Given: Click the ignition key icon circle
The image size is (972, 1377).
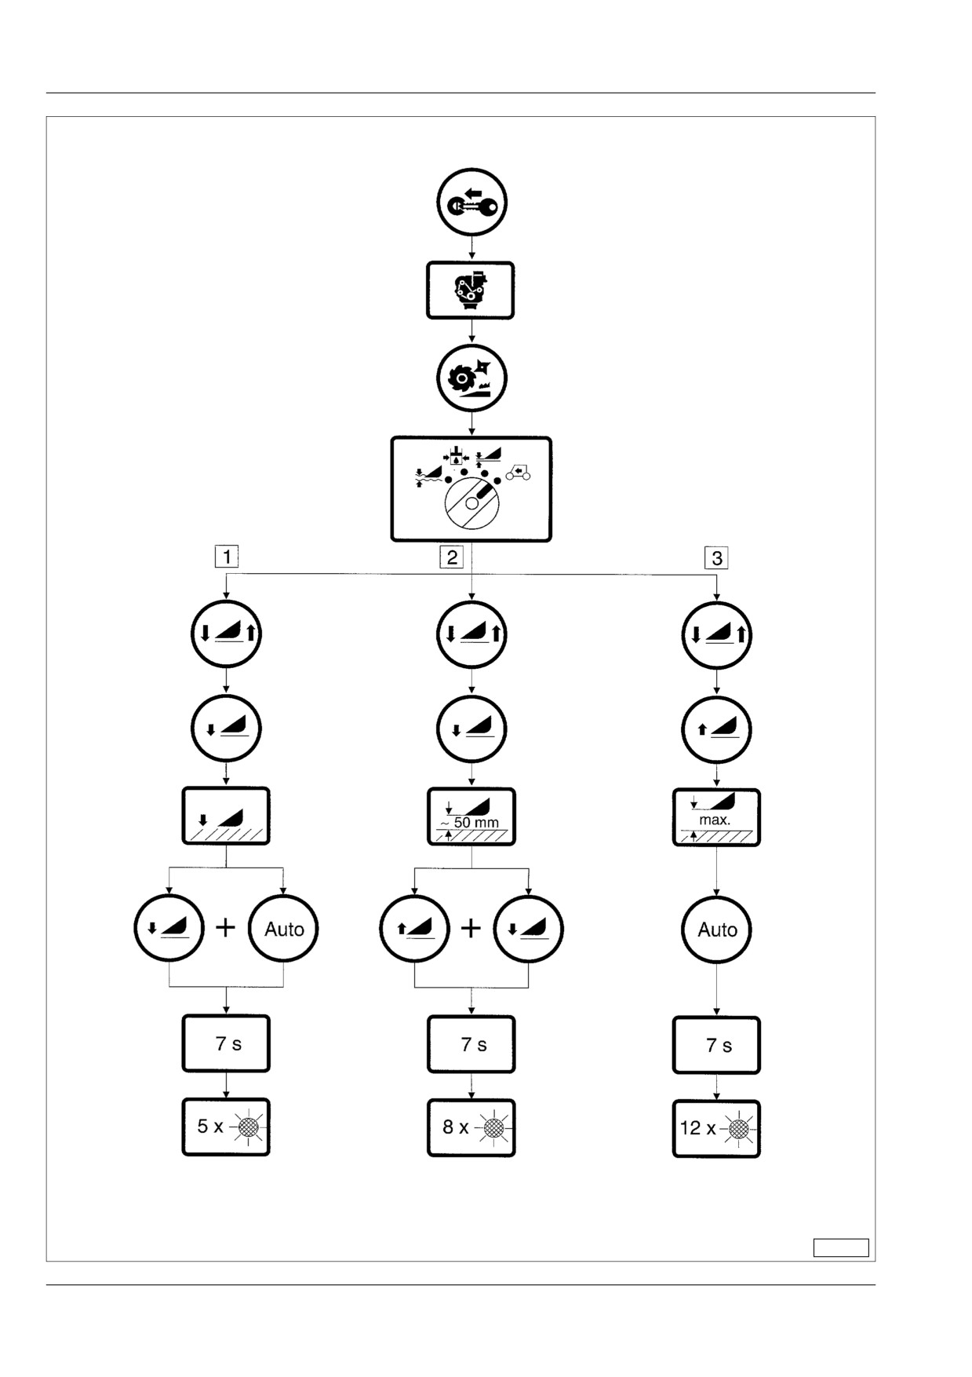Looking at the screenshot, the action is tap(471, 203).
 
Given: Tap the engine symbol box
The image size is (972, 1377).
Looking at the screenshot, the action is tap(470, 290).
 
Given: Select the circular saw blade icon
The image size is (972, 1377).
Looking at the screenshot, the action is tap(471, 378).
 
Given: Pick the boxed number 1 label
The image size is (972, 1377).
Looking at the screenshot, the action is tap(227, 557).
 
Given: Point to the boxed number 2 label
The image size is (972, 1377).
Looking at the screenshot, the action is tap(451, 557).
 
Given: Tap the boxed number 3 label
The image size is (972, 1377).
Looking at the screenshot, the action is tap(716, 558).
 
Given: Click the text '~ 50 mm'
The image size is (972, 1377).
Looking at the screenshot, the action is tap(469, 823).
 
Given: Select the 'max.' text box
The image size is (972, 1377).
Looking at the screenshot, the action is tap(716, 817).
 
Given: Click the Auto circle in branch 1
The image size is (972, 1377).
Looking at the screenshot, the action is tap(283, 929).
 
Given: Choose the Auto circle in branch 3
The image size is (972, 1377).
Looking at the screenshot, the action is tap(717, 930).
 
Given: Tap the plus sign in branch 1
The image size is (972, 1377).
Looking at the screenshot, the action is tap(226, 928).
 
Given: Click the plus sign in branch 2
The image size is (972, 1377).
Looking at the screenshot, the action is tap(471, 929).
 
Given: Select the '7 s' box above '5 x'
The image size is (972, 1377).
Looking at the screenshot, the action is tap(226, 1043).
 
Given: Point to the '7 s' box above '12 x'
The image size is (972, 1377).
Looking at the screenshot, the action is tap(716, 1045).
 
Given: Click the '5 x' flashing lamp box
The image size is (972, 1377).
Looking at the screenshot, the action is tap(226, 1127).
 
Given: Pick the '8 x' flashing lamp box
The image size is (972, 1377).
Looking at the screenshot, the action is tap(471, 1127).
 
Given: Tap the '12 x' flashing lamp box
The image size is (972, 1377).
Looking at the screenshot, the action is tap(716, 1128).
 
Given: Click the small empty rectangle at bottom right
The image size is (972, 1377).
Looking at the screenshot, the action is tap(841, 1247).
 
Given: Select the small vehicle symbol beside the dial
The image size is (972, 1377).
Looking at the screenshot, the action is tap(518, 472).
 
